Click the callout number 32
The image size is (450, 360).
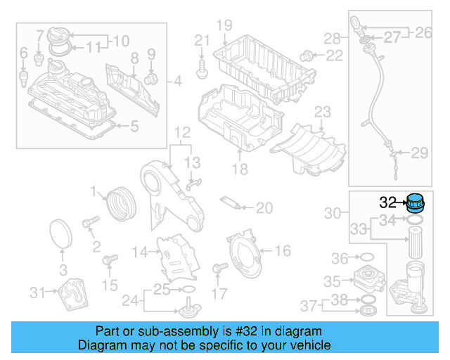tap(388, 202)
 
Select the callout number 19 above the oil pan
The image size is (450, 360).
tap(224, 26)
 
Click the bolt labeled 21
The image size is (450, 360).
tap(202, 67)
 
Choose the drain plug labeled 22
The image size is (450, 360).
tap(307, 56)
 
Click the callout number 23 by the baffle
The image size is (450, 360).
tap(322, 112)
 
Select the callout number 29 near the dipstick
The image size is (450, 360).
tap(419, 153)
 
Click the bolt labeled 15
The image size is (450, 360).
tap(109, 262)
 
